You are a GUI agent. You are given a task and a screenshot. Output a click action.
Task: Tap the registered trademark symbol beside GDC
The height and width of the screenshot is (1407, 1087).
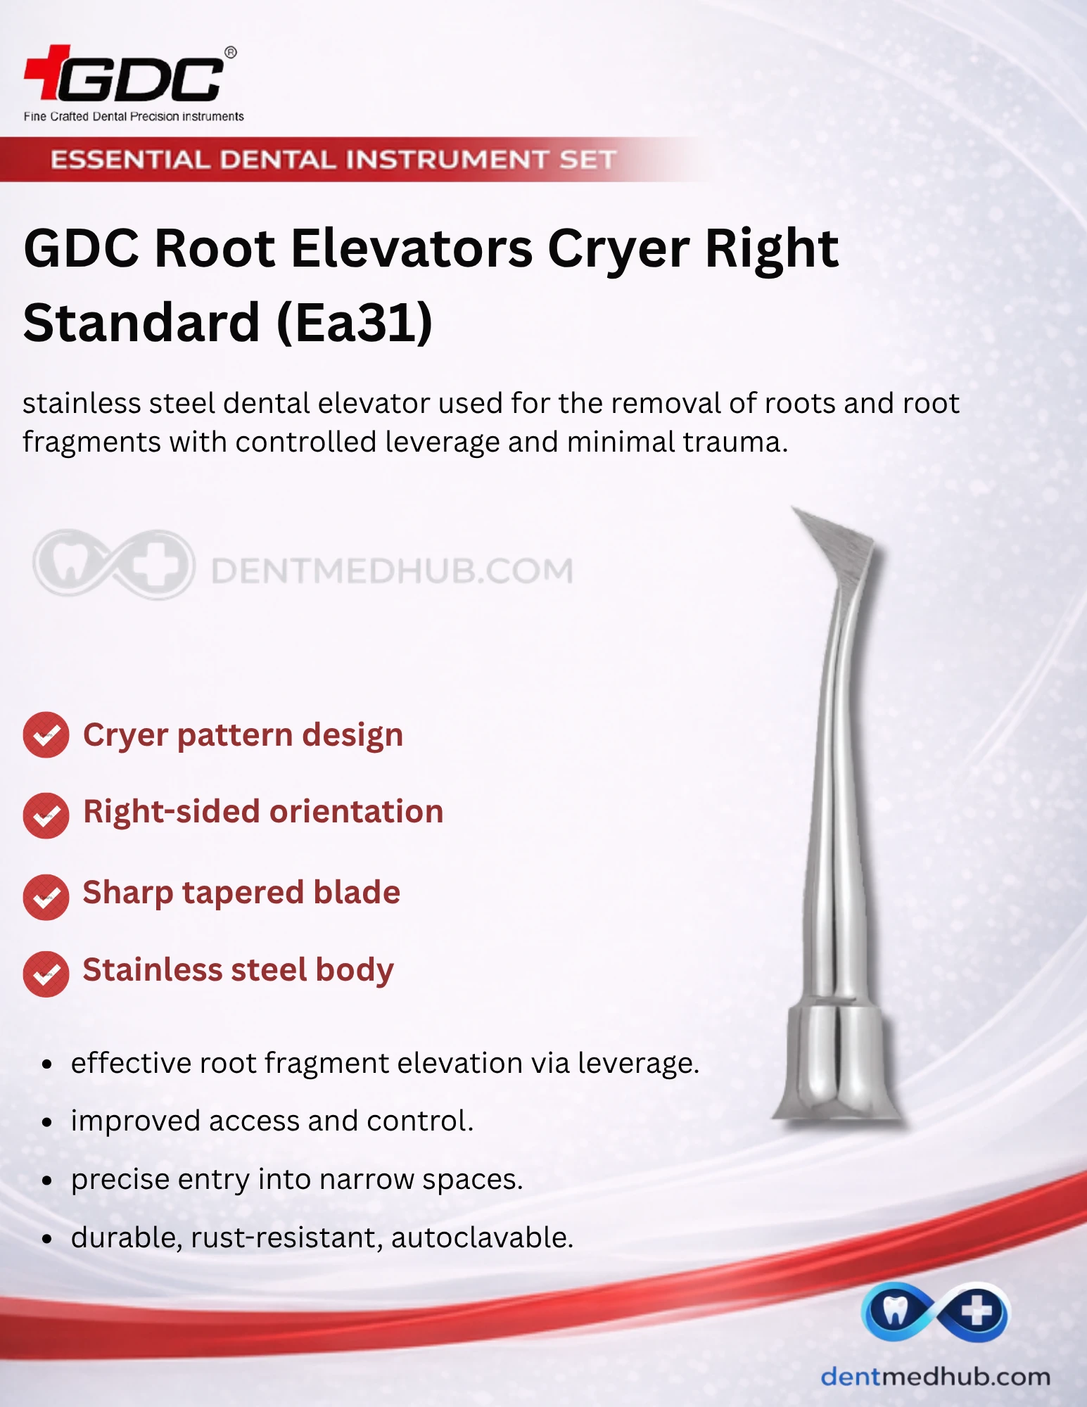tap(230, 52)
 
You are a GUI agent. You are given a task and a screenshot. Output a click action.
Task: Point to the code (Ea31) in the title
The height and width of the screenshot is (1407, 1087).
tap(355, 323)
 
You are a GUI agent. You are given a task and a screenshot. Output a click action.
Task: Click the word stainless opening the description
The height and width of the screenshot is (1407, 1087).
tap(81, 403)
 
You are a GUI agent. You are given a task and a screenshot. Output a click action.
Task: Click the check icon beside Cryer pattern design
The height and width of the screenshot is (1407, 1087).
tap(46, 735)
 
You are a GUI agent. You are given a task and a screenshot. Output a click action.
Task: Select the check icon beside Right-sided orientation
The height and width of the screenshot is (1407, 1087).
tap(46, 815)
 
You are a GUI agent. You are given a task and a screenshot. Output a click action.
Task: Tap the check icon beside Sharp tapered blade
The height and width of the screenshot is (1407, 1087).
tap(46, 897)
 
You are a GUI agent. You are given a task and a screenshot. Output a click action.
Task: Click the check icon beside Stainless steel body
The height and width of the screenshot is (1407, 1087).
tap(46, 974)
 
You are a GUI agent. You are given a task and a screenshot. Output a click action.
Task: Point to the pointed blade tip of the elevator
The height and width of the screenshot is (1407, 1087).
tap(792, 507)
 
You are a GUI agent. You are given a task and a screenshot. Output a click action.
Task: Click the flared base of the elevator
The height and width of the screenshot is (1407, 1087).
tap(837, 1062)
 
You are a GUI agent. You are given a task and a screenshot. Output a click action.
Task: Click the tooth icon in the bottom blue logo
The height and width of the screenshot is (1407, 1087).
tap(894, 1311)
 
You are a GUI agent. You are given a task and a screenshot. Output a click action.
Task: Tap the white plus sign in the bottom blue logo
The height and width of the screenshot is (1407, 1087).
tap(977, 1311)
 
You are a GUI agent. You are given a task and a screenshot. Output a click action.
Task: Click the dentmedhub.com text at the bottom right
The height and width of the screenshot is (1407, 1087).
tap(936, 1377)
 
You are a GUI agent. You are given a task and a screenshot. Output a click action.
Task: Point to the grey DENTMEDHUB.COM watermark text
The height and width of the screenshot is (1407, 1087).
tap(392, 571)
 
